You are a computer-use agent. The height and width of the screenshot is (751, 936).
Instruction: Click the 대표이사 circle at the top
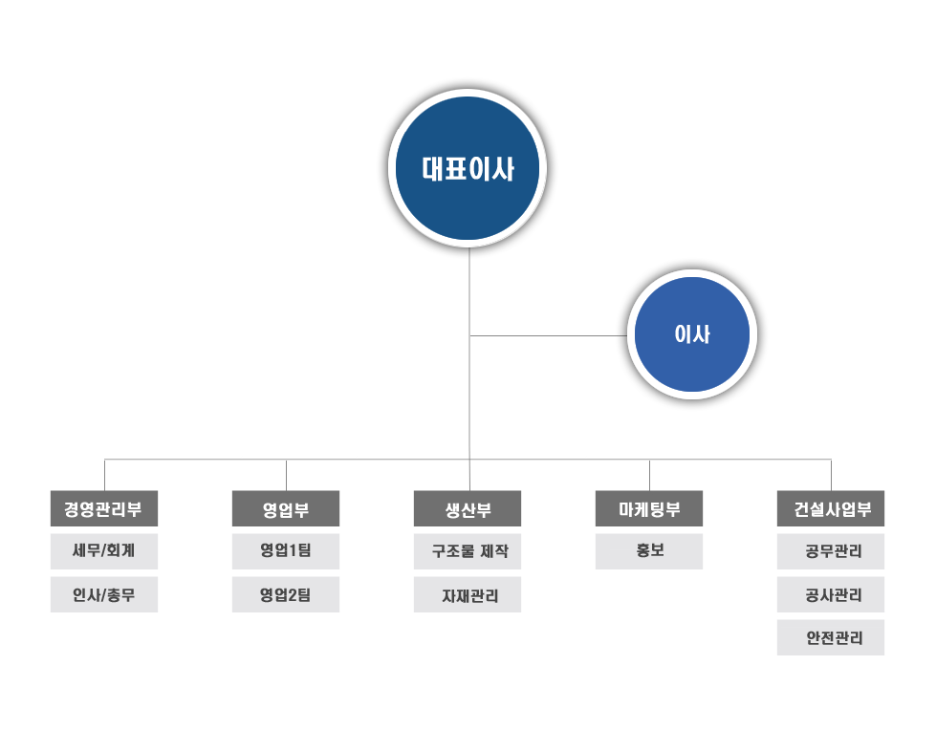click(468, 168)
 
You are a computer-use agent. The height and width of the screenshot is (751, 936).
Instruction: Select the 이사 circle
click(692, 334)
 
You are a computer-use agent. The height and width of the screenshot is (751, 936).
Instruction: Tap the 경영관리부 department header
click(104, 509)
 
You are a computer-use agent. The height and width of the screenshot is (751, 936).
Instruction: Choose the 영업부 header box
click(286, 509)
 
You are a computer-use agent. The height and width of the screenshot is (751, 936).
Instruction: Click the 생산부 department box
click(468, 509)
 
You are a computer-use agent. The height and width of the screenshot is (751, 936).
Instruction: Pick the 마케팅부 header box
click(649, 509)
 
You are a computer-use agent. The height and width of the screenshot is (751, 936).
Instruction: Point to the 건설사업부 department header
click(831, 509)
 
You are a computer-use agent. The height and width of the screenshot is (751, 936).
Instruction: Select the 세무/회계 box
click(104, 551)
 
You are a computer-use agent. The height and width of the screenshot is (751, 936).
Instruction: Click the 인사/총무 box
click(104, 594)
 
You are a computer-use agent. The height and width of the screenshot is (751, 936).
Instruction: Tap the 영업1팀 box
click(286, 551)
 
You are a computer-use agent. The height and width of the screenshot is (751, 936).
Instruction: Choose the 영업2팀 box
click(286, 594)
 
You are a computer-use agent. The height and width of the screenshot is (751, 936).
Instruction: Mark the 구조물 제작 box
click(468, 551)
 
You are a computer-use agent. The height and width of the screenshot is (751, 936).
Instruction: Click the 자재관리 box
click(468, 594)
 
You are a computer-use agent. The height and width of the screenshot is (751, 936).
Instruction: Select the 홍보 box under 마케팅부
click(649, 551)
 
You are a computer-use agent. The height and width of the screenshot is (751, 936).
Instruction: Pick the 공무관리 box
click(831, 551)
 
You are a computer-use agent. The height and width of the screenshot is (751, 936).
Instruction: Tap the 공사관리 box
click(831, 594)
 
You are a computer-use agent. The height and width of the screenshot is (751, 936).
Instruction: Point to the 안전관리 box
click(831, 637)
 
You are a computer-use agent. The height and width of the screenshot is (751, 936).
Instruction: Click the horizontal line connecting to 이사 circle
click(549, 335)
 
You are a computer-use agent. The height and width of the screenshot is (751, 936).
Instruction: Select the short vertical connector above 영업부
click(287, 476)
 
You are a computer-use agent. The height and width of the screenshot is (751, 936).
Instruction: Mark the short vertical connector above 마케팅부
click(649, 476)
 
